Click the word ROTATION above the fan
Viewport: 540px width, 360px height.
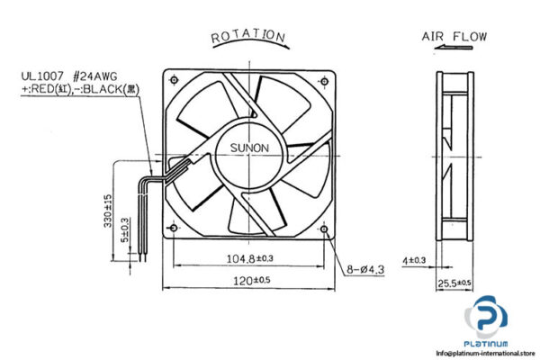pyautogui.click(x=248, y=36)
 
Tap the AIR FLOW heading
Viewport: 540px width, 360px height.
pyautogui.click(x=454, y=37)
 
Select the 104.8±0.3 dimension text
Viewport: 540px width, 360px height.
pyautogui.click(x=248, y=260)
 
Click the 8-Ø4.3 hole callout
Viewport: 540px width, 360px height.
pyautogui.click(x=364, y=268)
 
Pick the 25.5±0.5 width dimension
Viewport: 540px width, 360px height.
pyautogui.click(x=454, y=284)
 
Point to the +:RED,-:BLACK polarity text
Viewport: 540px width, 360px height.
pyautogui.click(x=79, y=90)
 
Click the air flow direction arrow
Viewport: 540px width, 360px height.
pyautogui.click(x=454, y=52)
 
